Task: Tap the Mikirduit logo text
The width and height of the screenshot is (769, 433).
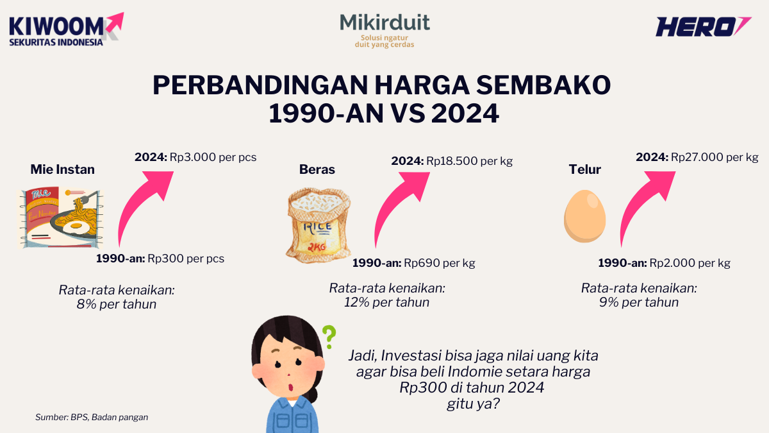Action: pyautogui.click(x=384, y=24)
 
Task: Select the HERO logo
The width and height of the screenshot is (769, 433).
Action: pyautogui.click(x=702, y=27)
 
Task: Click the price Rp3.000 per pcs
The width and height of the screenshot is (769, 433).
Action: pyautogui.click(x=213, y=157)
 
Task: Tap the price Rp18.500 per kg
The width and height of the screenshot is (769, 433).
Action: pyautogui.click(x=470, y=161)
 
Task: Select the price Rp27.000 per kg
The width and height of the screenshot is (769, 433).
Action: pyautogui.click(x=715, y=157)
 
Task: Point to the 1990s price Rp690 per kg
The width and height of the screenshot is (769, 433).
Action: pyautogui.click(x=440, y=263)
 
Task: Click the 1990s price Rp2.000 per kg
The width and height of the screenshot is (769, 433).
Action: pyautogui.click(x=690, y=263)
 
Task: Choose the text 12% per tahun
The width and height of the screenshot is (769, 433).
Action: pyautogui.click(x=387, y=302)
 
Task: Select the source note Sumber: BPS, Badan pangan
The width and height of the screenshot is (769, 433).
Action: pyautogui.click(x=92, y=417)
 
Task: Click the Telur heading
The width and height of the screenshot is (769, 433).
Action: pyautogui.click(x=585, y=169)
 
